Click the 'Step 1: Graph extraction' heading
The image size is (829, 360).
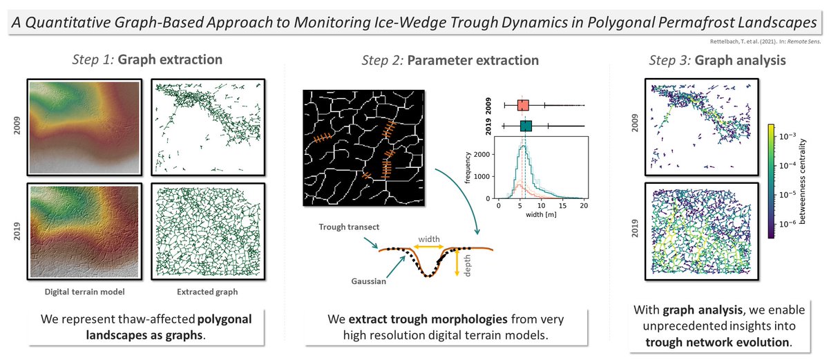(x=148, y=60)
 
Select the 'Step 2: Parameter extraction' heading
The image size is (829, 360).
(x=450, y=60)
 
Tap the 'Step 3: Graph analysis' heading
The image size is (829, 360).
(x=718, y=60)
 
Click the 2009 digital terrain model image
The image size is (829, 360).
(x=83, y=127)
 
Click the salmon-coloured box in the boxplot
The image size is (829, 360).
(x=523, y=106)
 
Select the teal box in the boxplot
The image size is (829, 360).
(x=526, y=126)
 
